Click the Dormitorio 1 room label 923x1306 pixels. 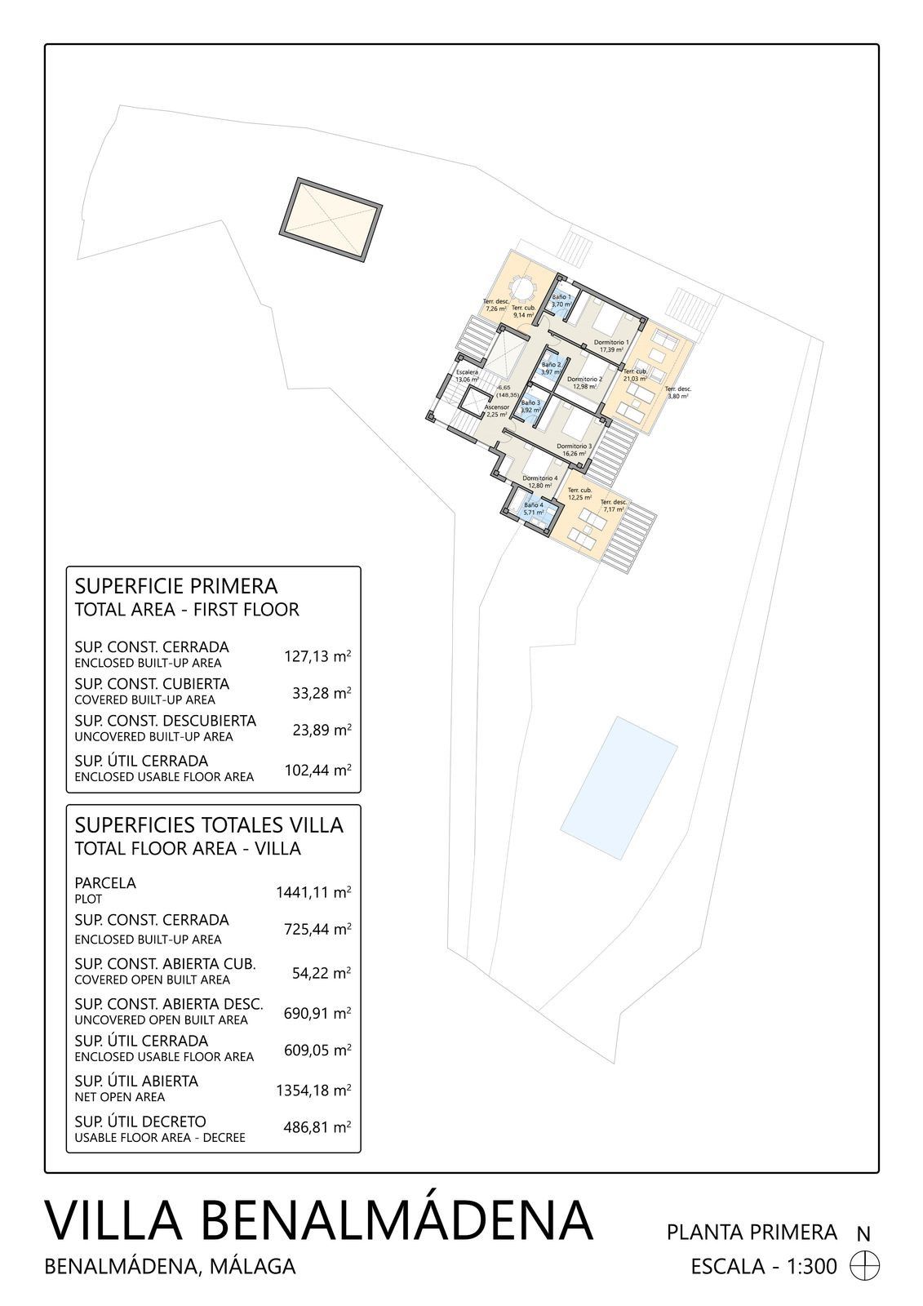[610, 345]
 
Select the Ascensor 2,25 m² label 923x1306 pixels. [497, 410]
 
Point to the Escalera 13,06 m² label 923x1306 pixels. [467, 375]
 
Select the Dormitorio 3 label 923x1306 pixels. [574, 450]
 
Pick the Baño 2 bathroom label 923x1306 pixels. [552, 368]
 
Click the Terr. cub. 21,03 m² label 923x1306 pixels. [635, 375]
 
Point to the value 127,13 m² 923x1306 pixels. [317, 655]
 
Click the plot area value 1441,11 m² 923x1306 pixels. [313, 891]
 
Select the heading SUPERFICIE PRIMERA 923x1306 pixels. [175, 586]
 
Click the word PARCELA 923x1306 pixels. [105, 882]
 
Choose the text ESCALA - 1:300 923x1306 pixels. [764, 1266]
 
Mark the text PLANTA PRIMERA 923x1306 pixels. [752, 1232]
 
